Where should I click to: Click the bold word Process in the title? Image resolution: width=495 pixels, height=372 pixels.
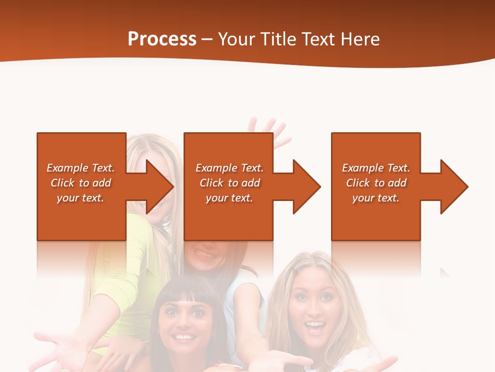point(162,39)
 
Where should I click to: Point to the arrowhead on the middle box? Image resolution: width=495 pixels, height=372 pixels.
point(305,187)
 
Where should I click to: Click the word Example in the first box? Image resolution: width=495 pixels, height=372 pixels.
point(67,168)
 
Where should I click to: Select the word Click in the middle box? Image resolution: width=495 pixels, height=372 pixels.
point(211,183)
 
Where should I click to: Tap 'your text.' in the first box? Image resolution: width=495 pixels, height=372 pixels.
point(80,198)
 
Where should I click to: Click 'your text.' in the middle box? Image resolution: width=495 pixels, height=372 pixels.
point(229,198)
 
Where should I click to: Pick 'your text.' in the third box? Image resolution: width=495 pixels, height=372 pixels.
point(375,198)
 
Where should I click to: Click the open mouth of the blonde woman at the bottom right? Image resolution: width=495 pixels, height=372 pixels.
point(315,327)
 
